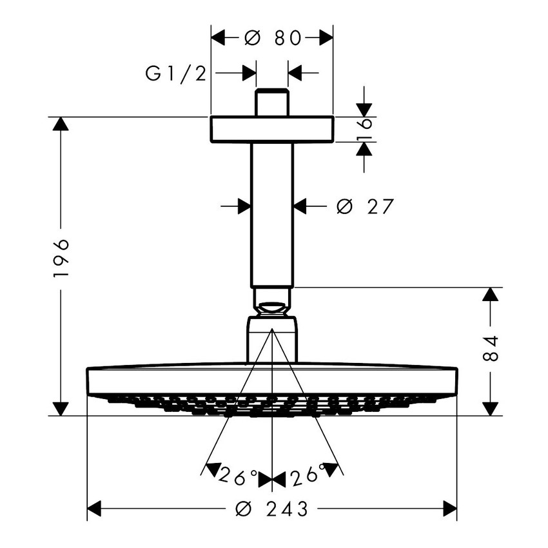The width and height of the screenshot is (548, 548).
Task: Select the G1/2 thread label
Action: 175,73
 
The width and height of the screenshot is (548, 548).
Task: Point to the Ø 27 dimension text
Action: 365,206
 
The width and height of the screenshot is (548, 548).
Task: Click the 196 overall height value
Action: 61,258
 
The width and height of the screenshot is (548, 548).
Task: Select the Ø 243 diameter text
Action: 273,509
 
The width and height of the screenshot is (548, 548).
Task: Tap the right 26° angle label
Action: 307,476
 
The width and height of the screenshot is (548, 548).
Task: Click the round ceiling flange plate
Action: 272,129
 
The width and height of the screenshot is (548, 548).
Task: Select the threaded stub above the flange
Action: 272,103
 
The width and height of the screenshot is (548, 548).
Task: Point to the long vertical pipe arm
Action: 272,213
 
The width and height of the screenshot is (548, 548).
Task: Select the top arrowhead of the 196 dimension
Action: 61,124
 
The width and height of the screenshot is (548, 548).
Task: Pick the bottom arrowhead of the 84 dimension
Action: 491,408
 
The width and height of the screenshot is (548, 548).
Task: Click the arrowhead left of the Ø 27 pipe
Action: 244,206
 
